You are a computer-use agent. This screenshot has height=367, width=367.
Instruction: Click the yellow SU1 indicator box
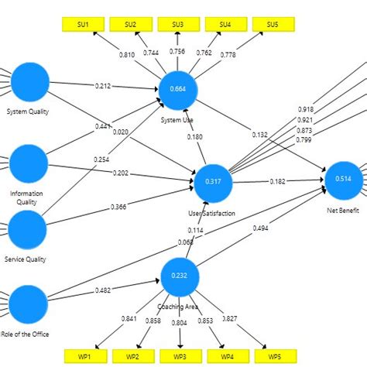83,25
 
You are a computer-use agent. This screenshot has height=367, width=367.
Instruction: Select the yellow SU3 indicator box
177,25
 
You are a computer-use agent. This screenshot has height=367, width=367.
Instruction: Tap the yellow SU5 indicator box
272,25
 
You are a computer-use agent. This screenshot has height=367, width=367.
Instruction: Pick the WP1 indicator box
83,356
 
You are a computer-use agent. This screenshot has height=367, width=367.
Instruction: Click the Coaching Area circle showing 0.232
180,276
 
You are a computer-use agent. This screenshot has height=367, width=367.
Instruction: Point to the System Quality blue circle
29,82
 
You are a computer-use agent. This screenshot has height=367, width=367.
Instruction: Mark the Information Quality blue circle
29,162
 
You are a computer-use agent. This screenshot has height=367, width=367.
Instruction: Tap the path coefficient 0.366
118,207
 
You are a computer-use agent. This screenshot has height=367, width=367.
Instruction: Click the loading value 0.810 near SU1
126,55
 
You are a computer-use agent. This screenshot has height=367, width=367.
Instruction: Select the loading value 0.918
306,110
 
